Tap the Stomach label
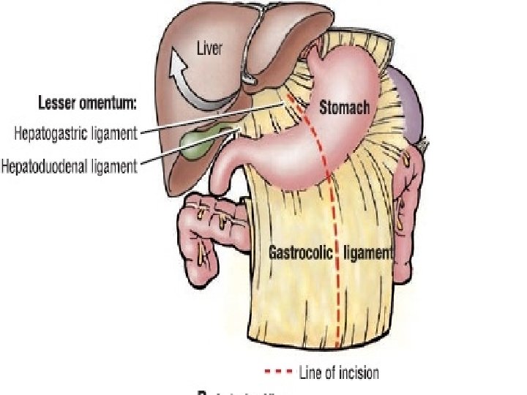point(345,108)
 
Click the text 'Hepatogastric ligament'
point(75,133)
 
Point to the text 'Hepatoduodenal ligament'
point(70,167)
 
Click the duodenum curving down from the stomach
point(233,172)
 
